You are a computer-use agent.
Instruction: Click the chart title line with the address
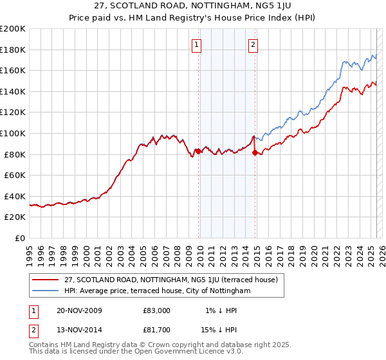click(193, 7)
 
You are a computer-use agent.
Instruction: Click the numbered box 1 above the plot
click(196, 44)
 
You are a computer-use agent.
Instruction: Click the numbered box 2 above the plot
click(253, 44)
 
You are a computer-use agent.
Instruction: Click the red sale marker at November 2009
click(198, 151)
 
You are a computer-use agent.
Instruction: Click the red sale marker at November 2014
click(255, 152)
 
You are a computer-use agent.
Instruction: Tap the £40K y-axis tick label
click(15, 196)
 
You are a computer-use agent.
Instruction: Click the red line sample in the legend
click(46, 280)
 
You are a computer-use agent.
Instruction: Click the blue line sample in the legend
click(46, 291)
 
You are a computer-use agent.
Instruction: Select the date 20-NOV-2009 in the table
click(79, 310)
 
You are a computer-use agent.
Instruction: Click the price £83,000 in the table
click(157, 310)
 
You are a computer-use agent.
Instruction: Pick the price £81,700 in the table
click(157, 331)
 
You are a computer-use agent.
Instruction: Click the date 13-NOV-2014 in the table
click(79, 331)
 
